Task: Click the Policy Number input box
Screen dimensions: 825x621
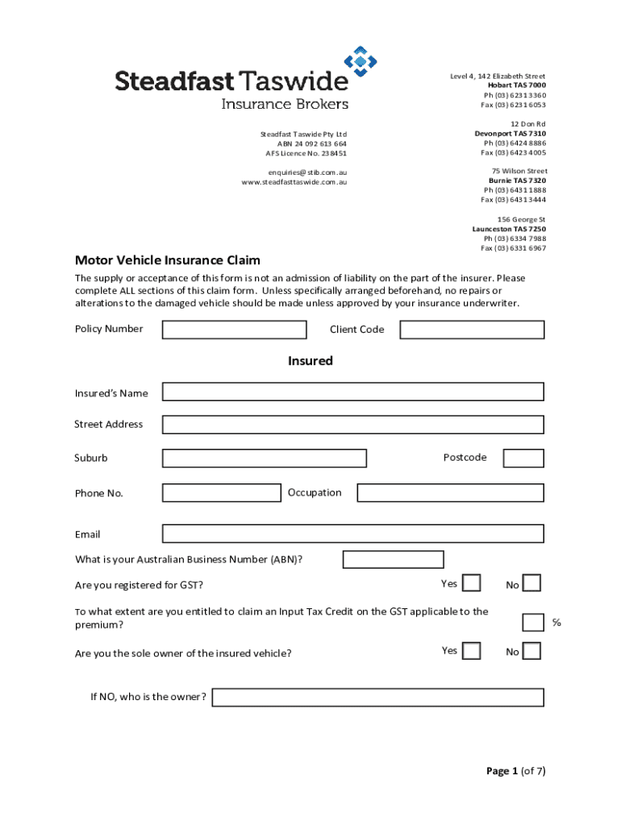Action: (x=234, y=330)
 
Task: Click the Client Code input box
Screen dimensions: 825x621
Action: (x=472, y=330)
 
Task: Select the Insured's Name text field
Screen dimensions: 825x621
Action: (x=352, y=392)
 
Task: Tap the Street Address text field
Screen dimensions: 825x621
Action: (x=352, y=425)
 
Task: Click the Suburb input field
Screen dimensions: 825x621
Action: (x=264, y=458)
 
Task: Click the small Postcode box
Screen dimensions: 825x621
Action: (x=523, y=458)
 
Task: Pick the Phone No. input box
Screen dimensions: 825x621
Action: (x=222, y=492)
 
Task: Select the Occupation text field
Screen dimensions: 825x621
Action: (x=450, y=492)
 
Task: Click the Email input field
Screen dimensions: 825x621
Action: (x=352, y=533)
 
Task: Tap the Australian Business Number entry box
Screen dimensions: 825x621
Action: (x=393, y=559)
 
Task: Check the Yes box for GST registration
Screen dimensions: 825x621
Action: (x=472, y=583)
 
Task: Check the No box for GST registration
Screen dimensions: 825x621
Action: (x=532, y=583)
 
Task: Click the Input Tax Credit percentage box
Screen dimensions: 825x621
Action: (x=532, y=622)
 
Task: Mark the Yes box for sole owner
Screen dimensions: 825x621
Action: (x=472, y=651)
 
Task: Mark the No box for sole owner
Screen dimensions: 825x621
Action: (x=532, y=651)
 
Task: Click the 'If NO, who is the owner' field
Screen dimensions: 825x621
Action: (x=377, y=697)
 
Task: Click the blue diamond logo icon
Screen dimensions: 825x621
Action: (x=361, y=61)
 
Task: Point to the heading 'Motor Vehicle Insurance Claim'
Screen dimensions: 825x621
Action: (x=168, y=260)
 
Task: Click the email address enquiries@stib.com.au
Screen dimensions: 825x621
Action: (x=307, y=172)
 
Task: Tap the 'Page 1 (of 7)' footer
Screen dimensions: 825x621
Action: (x=515, y=771)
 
